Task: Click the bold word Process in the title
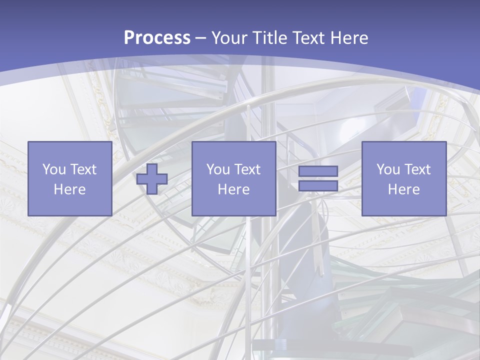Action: coord(157,38)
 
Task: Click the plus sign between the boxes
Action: coord(152,178)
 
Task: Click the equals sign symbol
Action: coord(318,178)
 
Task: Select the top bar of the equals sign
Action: coord(318,171)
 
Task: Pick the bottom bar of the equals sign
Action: coord(318,186)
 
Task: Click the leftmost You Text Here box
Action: coord(69,178)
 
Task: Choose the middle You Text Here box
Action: coord(233,178)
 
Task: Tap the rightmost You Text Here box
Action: coord(403,178)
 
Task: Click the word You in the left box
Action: coord(53,169)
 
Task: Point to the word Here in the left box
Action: coord(69,189)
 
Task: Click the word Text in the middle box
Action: coord(247,169)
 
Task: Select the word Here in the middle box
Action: coord(233,189)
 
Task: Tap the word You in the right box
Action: coord(387,169)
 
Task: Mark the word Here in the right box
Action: coord(403,189)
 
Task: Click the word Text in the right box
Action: coord(417,169)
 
